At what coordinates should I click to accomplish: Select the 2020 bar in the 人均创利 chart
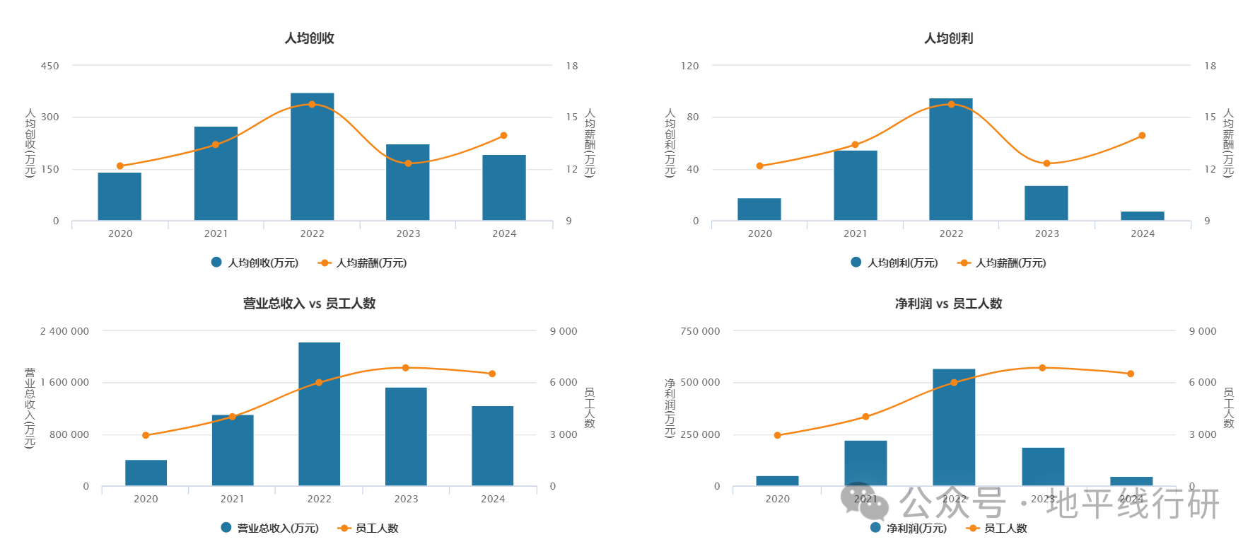pos(759,209)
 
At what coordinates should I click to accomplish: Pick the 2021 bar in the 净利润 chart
pos(865,463)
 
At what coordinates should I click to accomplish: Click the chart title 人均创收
pos(309,38)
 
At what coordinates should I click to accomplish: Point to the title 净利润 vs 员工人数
pos(948,304)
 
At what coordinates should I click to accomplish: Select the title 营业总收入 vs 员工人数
pos(309,304)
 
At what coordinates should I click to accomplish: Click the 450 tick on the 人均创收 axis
pos(50,66)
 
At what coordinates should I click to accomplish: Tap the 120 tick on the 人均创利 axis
pos(689,66)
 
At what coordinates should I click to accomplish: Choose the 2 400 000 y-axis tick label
pos(64,331)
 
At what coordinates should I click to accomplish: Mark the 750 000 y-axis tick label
pos(700,331)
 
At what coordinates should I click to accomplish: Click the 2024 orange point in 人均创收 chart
pos(503,135)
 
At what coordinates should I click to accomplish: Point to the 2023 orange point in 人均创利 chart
pos(1046,163)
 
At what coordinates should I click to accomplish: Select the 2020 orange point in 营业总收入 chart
pos(146,435)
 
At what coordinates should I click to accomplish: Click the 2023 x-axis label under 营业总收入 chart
pos(406,499)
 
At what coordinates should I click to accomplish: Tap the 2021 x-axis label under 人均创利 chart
pos(855,233)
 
